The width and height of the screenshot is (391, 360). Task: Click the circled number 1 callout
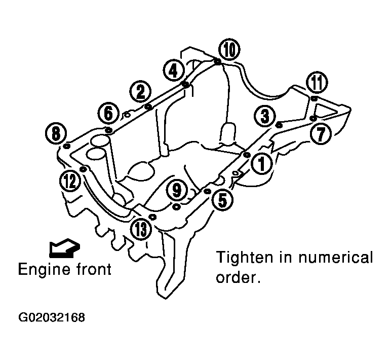[262, 164]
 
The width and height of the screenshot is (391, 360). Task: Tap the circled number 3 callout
[265, 116]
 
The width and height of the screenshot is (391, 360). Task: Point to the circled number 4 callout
[174, 71]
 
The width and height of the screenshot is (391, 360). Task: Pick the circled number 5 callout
[222, 199]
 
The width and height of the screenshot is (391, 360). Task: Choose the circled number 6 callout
[108, 114]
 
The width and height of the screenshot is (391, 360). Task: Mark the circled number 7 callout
[321, 133]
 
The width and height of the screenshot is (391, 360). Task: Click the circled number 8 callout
[56, 133]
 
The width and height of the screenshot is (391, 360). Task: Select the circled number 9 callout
[177, 191]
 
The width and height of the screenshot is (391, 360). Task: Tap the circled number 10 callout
[229, 49]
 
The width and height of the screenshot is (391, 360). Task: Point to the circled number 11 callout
[317, 83]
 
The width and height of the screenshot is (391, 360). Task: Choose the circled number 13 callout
[141, 229]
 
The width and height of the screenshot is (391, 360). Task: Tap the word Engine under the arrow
[42, 270]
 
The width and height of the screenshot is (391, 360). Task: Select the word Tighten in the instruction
[244, 258]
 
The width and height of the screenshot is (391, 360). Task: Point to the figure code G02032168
[52, 317]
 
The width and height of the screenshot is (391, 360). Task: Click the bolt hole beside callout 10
[218, 62]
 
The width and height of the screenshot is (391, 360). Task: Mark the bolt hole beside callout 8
[67, 146]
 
